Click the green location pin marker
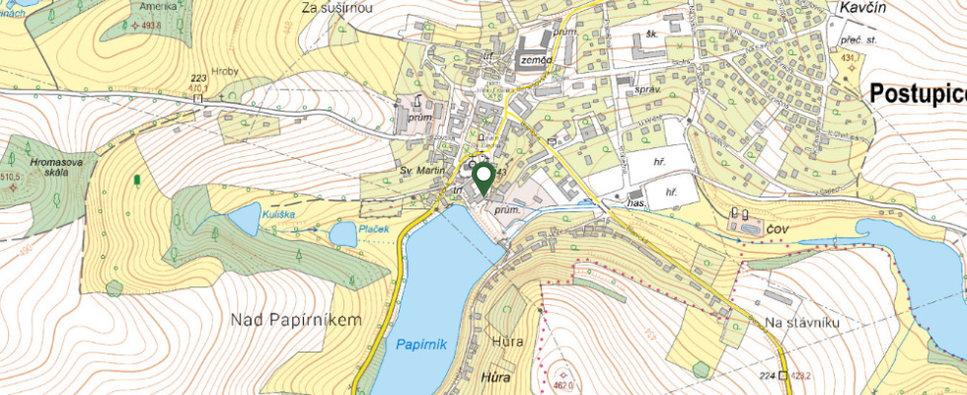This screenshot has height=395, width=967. coord(483,179)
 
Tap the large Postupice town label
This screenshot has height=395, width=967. coord(918,94)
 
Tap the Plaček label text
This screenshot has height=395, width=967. coord(374,229)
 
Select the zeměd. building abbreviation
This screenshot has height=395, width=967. coord(534,59)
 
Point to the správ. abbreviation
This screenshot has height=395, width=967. coord(647,88)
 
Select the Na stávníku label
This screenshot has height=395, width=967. coord(801,323)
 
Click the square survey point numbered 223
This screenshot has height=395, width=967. coord(197,97)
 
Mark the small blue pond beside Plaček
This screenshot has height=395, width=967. coord(342,235)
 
